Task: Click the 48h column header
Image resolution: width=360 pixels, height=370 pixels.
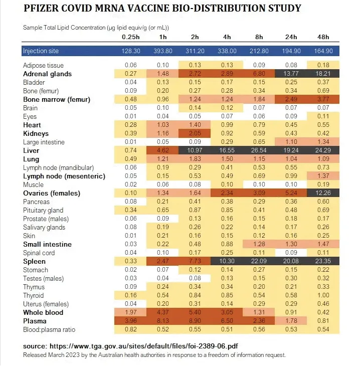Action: (x=323, y=37)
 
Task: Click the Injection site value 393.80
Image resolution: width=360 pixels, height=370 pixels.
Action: (x=162, y=51)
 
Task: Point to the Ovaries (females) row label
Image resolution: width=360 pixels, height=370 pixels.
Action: (x=52, y=193)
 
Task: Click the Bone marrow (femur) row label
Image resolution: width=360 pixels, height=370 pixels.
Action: (x=57, y=99)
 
